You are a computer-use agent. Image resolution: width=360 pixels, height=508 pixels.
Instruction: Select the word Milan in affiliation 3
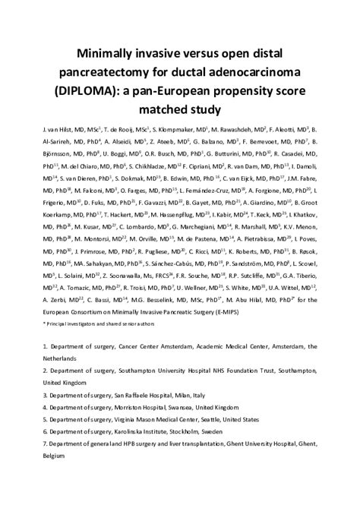pos(175,395)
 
